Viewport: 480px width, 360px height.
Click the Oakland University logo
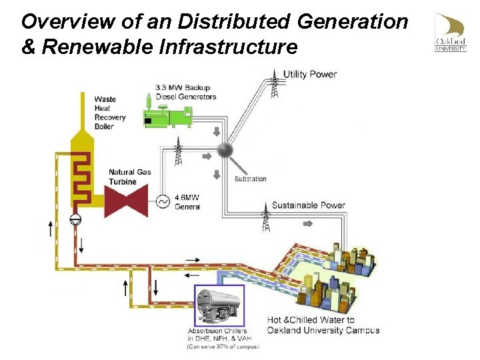pos(451,33)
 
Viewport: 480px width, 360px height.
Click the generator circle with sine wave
pos(162,201)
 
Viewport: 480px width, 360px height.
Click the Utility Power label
pos(310,74)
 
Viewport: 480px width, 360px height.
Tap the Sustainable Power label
pos(308,205)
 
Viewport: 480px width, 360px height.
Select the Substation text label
pos(250,179)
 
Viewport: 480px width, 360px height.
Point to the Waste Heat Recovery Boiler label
pos(109,113)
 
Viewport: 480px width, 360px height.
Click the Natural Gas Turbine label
pos(130,177)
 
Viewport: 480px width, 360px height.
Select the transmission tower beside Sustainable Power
pos(266,215)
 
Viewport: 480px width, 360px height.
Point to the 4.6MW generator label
pos(187,202)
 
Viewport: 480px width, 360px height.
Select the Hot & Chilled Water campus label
pos(323,325)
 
